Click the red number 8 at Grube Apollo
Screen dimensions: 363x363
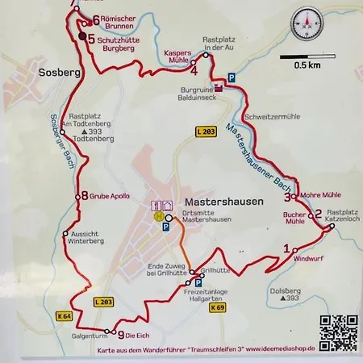coord(83,195)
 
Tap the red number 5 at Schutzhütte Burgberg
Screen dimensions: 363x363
coord(90,38)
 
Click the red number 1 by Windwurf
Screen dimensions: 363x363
coord(286,248)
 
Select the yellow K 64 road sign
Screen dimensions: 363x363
coord(65,315)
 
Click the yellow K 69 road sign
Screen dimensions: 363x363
coord(215,307)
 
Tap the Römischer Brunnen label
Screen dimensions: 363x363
coord(121,20)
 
